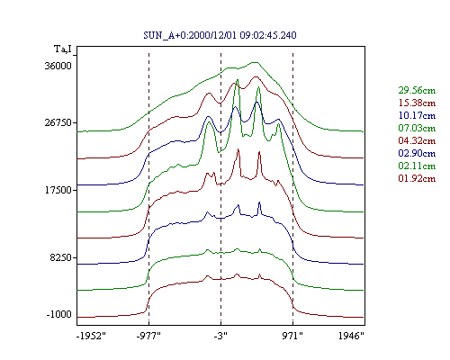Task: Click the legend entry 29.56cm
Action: (417, 90)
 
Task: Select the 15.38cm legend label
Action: (417, 103)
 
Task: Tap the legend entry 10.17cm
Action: (417, 115)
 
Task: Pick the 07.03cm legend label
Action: (417, 128)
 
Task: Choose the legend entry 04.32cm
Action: (417, 140)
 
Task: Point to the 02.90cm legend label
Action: (417, 153)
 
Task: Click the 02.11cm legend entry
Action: (417, 166)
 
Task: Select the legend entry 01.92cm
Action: (417, 178)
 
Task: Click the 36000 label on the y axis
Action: (58, 66)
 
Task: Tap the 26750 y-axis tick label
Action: (58, 123)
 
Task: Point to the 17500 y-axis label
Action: (58, 190)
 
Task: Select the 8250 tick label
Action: (61, 257)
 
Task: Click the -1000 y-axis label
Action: (59, 315)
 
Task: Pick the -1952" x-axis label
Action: (92, 336)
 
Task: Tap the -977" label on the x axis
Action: (148, 336)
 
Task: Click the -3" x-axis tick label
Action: (220, 336)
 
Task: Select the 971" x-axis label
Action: (292, 336)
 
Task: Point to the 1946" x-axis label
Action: (351, 336)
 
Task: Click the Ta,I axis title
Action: (63, 49)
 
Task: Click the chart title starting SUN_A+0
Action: (220, 35)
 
